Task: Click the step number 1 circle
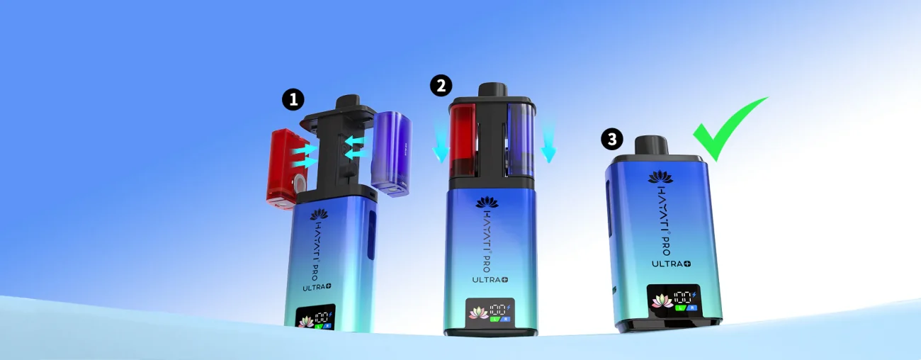[293, 100]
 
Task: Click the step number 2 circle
[441, 86]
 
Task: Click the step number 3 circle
[612, 139]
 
